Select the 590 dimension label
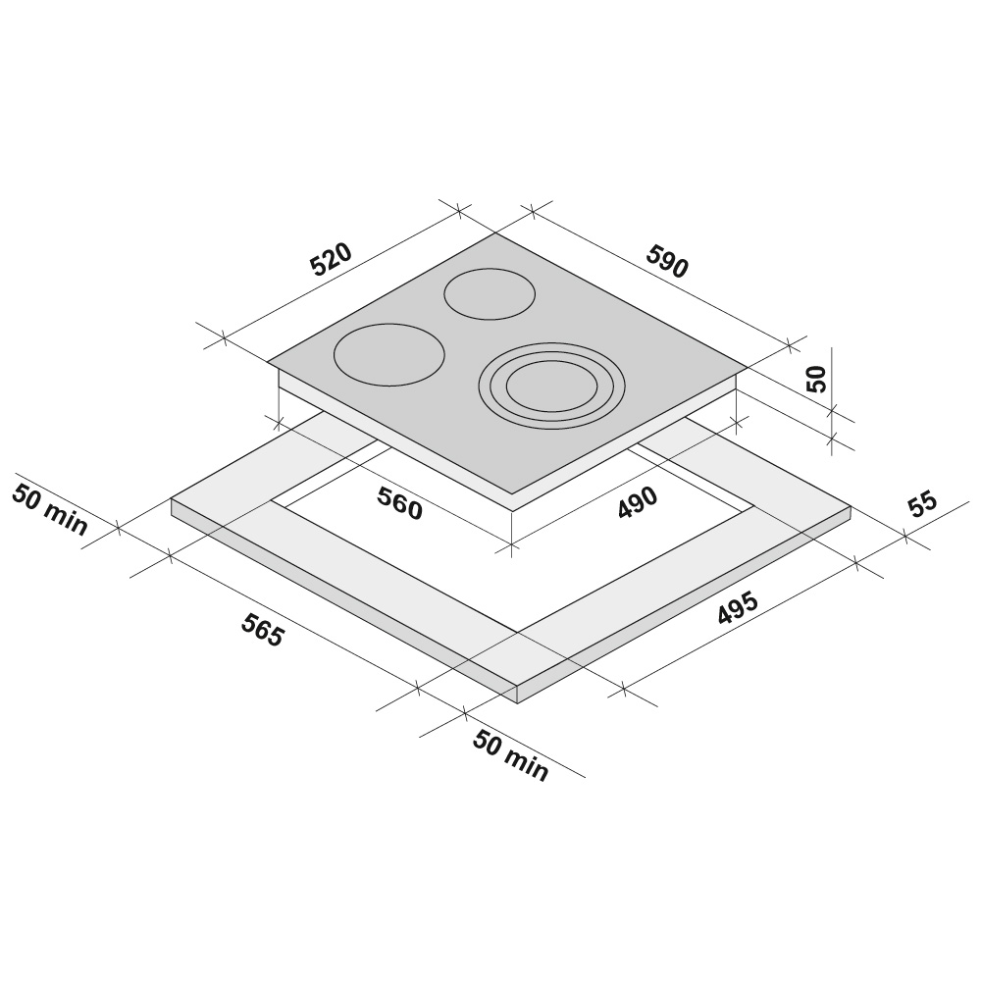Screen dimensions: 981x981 (x=667, y=262)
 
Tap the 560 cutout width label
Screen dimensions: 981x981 (x=400, y=503)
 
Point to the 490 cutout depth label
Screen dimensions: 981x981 (x=638, y=502)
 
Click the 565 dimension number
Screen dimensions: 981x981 (x=263, y=630)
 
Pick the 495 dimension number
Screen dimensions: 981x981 (x=738, y=607)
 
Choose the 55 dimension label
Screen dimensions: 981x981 (x=923, y=505)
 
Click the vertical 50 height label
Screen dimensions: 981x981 (x=817, y=379)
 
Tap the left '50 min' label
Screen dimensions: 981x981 (x=50, y=510)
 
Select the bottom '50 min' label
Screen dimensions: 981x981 (x=510, y=755)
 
